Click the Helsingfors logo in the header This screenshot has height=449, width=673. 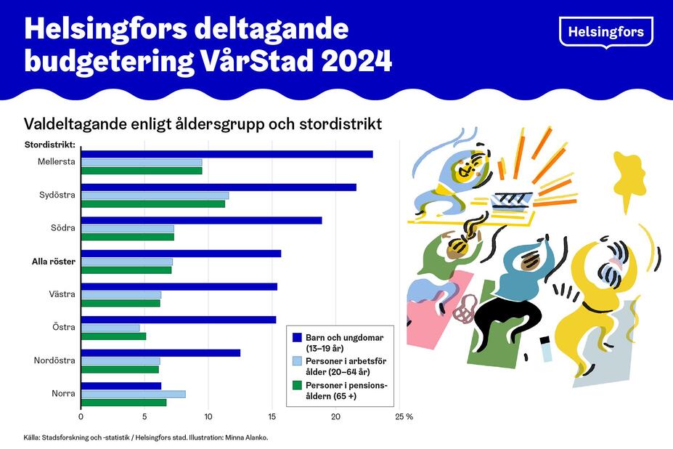point(605,32)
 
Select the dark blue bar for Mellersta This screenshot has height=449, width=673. point(227,154)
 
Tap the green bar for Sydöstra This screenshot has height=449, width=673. point(152,203)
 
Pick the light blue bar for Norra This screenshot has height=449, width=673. point(133,394)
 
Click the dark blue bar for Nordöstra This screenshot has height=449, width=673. point(160,353)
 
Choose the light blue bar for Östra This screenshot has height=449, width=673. point(110,328)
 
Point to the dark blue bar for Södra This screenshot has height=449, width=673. point(201,220)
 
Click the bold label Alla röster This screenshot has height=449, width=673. point(53,262)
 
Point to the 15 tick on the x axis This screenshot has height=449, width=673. point(272,417)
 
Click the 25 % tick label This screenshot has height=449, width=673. point(404,417)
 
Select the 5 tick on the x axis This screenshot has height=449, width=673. point(144,417)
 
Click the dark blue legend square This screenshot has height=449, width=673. point(296,338)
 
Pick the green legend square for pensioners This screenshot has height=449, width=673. point(296,385)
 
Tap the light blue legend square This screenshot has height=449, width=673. point(296,361)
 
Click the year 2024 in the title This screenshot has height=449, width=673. point(351,61)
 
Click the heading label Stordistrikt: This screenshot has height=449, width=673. point(51,145)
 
